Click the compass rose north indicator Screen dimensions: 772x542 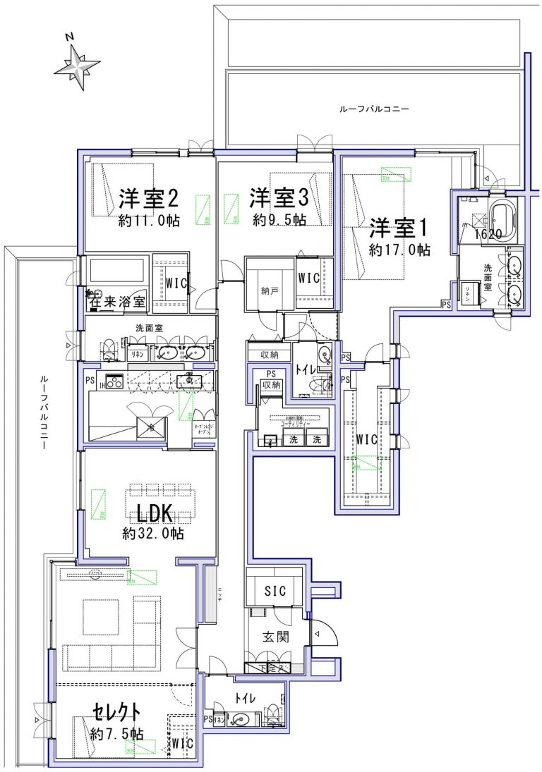click(x=76, y=65)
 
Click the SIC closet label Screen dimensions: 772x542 click(x=275, y=592)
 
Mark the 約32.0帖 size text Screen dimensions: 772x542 click(x=153, y=534)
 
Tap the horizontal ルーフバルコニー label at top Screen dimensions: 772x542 click(x=374, y=109)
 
